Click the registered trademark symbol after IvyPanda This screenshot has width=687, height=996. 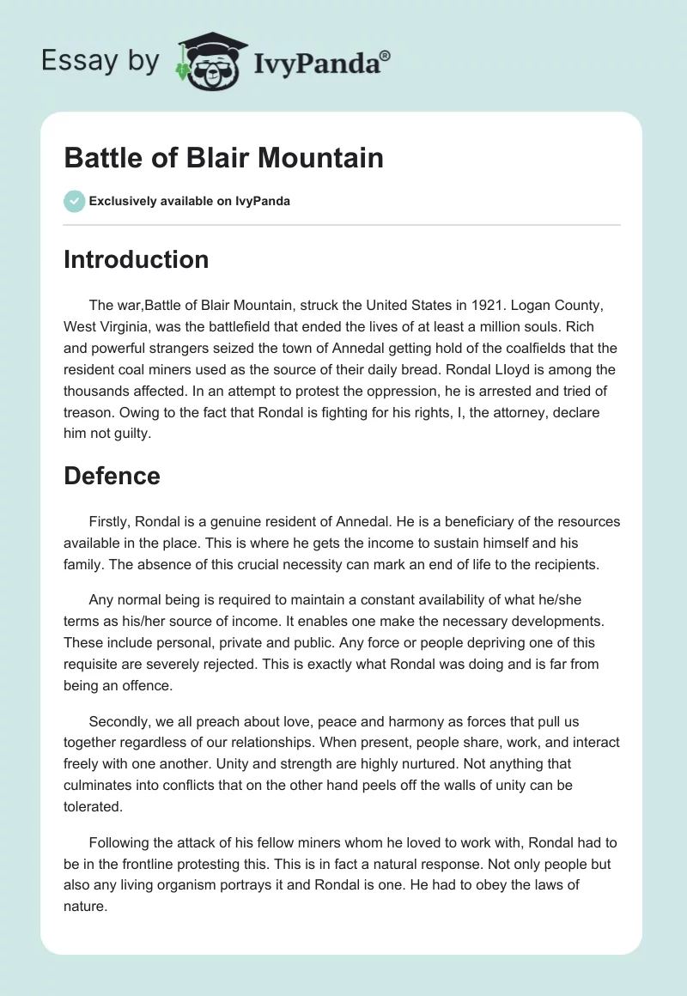pos(386,55)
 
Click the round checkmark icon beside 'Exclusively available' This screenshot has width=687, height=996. pos(74,201)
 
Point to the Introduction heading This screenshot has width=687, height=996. pos(136,259)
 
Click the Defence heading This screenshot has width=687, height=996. pos(112,476)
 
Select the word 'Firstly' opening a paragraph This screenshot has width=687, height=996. pos(109,520)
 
